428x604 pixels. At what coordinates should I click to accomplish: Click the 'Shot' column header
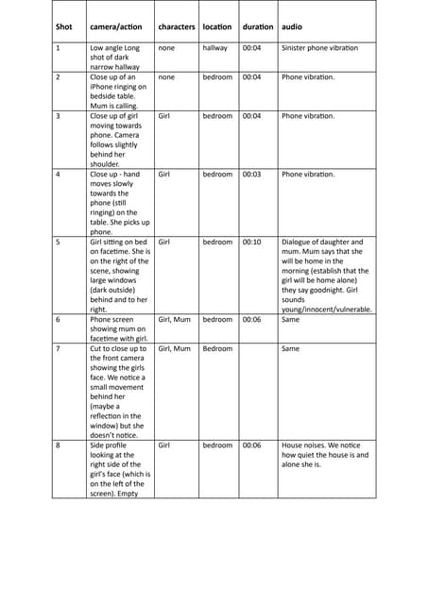pos(63,26)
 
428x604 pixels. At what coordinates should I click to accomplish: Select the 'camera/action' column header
pos(117,26)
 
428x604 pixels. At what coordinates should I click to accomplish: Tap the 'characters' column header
pos(177,26)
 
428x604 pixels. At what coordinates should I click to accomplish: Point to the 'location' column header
pos(217,26)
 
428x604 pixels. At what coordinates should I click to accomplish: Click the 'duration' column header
pos(257,26)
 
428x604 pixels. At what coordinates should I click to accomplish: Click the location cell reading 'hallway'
pos(215,47)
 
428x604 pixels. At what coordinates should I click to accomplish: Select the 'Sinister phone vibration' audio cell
pos(319,47)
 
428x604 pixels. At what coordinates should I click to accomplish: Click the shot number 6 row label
pos(59,320)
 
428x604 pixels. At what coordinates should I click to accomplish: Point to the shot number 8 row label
pos(59,445)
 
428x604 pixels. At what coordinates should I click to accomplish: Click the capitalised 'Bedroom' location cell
pos(217,349)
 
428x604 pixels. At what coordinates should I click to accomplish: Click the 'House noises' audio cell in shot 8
pos(324,455)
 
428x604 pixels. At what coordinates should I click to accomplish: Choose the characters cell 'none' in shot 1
pos(166,47)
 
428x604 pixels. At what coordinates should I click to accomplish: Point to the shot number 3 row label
pos(59,116)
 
